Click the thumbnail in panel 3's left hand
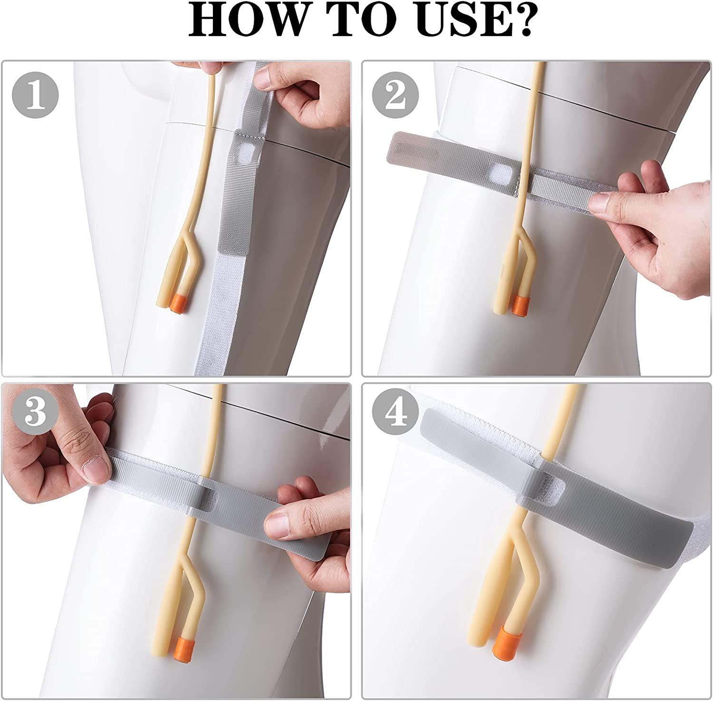tap(94, 468)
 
